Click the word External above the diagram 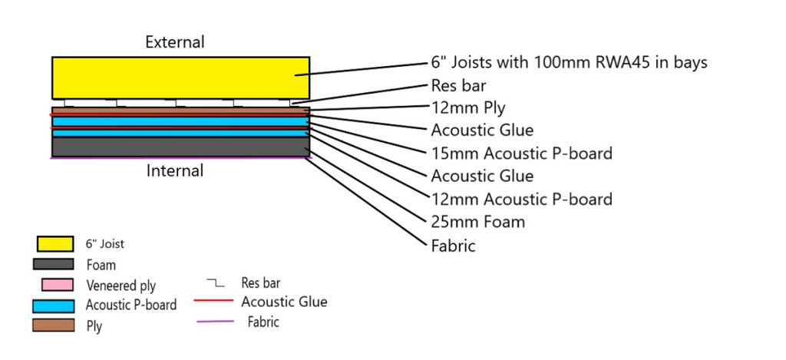[x=175, y=42]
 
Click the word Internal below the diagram [x=175, y=171]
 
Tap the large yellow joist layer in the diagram [x=181, y=78]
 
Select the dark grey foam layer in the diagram [x=181, y=147]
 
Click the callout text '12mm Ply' [x=468, y=107]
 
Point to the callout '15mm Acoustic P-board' [x=521, y=153]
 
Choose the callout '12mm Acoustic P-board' [x=521, y=199]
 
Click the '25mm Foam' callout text [x=477, y=222]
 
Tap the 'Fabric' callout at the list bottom [x=453, y=246]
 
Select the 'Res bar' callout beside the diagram [x=458, y=86]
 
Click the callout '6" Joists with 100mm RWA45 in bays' [x=569, y=63]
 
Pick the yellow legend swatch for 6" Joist [x=55, y=243]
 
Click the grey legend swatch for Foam [x=53, y=264]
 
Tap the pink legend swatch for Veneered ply [x=58, y=285]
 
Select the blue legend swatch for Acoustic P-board [x=53, y=306]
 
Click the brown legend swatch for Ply [x=53, y=325]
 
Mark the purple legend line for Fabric [x=215, y=321]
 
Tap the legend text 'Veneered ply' [x=121, y=286]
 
